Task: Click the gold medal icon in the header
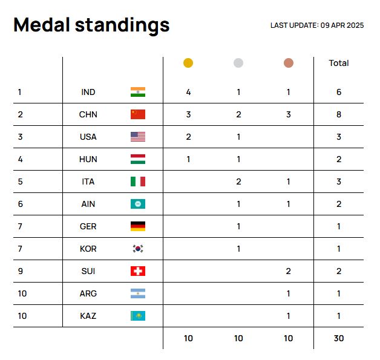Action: pyautogui.click(x=188, y=63)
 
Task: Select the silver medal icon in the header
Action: pyautogui.click(x=238, y=63)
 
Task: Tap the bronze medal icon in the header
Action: pyautogui.click(x=289, y=63)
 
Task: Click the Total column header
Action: pyautogui.click(x=338, y=63)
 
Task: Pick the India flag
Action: pyautogui.click(x=138, y=92)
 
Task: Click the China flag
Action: pyautogui.click(x=138, y=114)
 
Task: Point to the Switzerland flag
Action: pyautogui.click(x=138, y=271)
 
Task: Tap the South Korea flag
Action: pyautogui.click(x=138, y=249)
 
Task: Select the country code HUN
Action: pyautogui.click(x=88, y=159)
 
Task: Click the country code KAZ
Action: pyautogui.click(x=88, y=316)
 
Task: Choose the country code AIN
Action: pyautogui.click(x=88, y=204)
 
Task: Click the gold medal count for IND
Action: pyautogui.click(x=188, y=92)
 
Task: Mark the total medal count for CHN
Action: pyautogui.click(x=339, y=114)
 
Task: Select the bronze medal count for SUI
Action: pyautogui.click(x=289, y=271)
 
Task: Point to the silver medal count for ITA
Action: pyautogui.click(x=238, y=182)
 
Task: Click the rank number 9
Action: pyautogui.click(x=20, y=271)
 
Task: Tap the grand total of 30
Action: pyautogui.click(x=339, y=338)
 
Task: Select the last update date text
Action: pyautogui.click(x=317, y=25)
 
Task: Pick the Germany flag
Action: pyautogui.click(x=138, y=226)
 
